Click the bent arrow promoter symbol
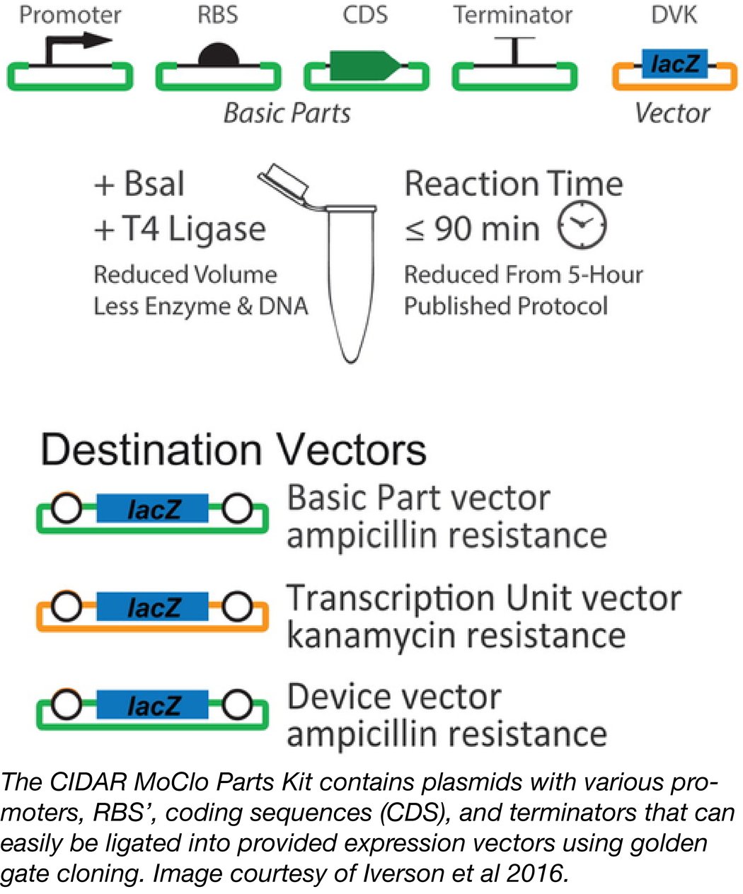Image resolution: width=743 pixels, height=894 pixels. pyautogui.click(x=71, y=50)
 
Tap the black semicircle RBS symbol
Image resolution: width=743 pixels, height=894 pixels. pyautogui.click(x=218, y=56)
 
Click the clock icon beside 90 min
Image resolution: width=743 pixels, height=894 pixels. pyautogui.click(x=582, y=225)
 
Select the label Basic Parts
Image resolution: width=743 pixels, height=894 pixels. pyautogui.click(x=287, y=113)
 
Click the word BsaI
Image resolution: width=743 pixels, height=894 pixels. pyautogui.click(x=154, y=184)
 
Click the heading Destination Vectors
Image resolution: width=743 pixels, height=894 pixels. pyautogui.click(x=234, y=450)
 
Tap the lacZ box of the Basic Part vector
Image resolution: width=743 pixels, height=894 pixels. pyautogui.click(x=153, y=509)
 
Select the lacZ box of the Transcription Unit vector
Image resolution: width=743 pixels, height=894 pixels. pyautogui.click(x=153, y=608)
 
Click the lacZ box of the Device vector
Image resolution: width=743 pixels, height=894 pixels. pyautogui.click(x=153, y=706)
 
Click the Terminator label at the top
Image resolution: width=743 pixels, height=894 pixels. pyautogui.click(x=513, y=15)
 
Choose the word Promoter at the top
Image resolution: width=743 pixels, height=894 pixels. pyautogui.click(x=70, y=15)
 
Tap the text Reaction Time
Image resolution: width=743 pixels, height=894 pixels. pyautogui.click(x=513, y=184)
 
